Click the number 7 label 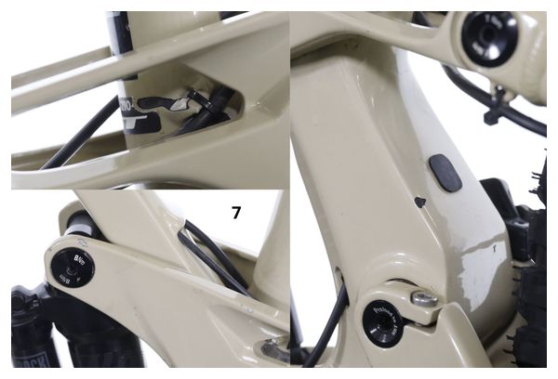pos(236,213)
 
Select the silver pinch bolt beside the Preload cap pos(427,299)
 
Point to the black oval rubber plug pos(446,174)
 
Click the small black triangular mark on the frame pos(419,200)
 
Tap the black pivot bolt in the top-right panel pos(489,39)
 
